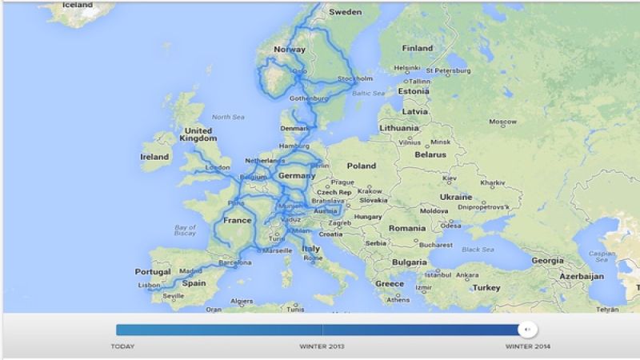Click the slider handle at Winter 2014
click(527, 329)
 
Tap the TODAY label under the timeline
click(122, 346)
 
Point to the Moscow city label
click(502, 122)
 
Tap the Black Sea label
click(478, 249)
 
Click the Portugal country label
click(153, 271)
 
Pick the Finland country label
click(417, 47)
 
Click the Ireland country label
click(155, 157)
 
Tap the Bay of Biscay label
click(185, 231)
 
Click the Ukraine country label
click(456, 197)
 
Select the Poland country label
click(361, 166)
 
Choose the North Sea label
click(227, 117)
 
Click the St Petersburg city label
click(450, 70)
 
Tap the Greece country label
click(390, 283)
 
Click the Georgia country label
click(547, 260)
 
